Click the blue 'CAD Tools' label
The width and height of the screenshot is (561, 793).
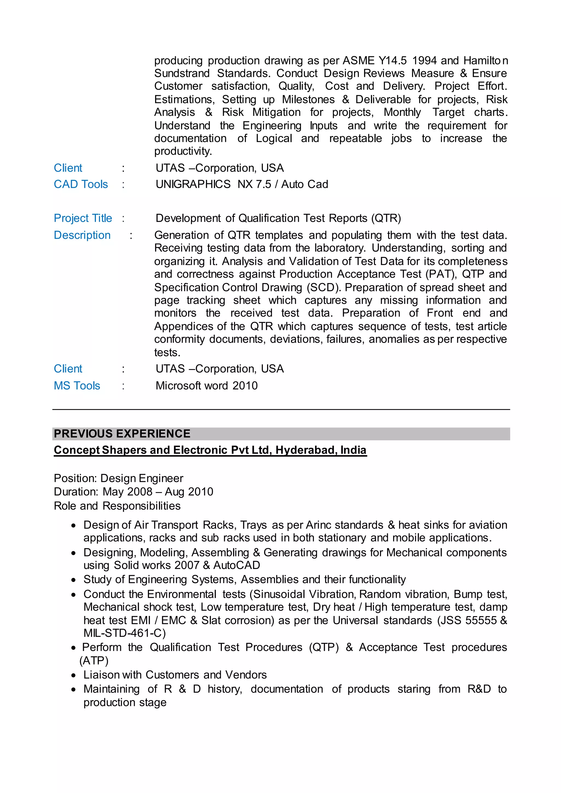click(81, 185)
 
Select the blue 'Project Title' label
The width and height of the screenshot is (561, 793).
click(83, 218)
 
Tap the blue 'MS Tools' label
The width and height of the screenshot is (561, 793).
click(77, 386)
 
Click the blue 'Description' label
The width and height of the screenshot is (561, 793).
click(82, 235)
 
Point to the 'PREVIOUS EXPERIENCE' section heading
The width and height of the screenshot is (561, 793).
click(122, 434)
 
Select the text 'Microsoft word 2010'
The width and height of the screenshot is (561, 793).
click(207, 386)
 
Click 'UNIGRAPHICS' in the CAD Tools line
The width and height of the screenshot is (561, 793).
click(193, 185)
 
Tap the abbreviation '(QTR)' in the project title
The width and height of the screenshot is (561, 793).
click(386, 218)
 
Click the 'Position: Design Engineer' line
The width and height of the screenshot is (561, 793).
click(119, 478)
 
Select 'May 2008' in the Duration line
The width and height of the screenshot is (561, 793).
click(127, 492)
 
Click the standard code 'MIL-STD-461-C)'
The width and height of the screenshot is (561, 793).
click(125, 633)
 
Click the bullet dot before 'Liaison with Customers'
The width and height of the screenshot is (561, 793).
click(73, 675)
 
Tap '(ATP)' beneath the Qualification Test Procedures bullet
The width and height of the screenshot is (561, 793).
click(94, 661)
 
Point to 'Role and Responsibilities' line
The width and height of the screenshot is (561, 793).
click(117, 506)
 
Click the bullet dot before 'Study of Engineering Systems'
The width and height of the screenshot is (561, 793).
click(73, 580)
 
